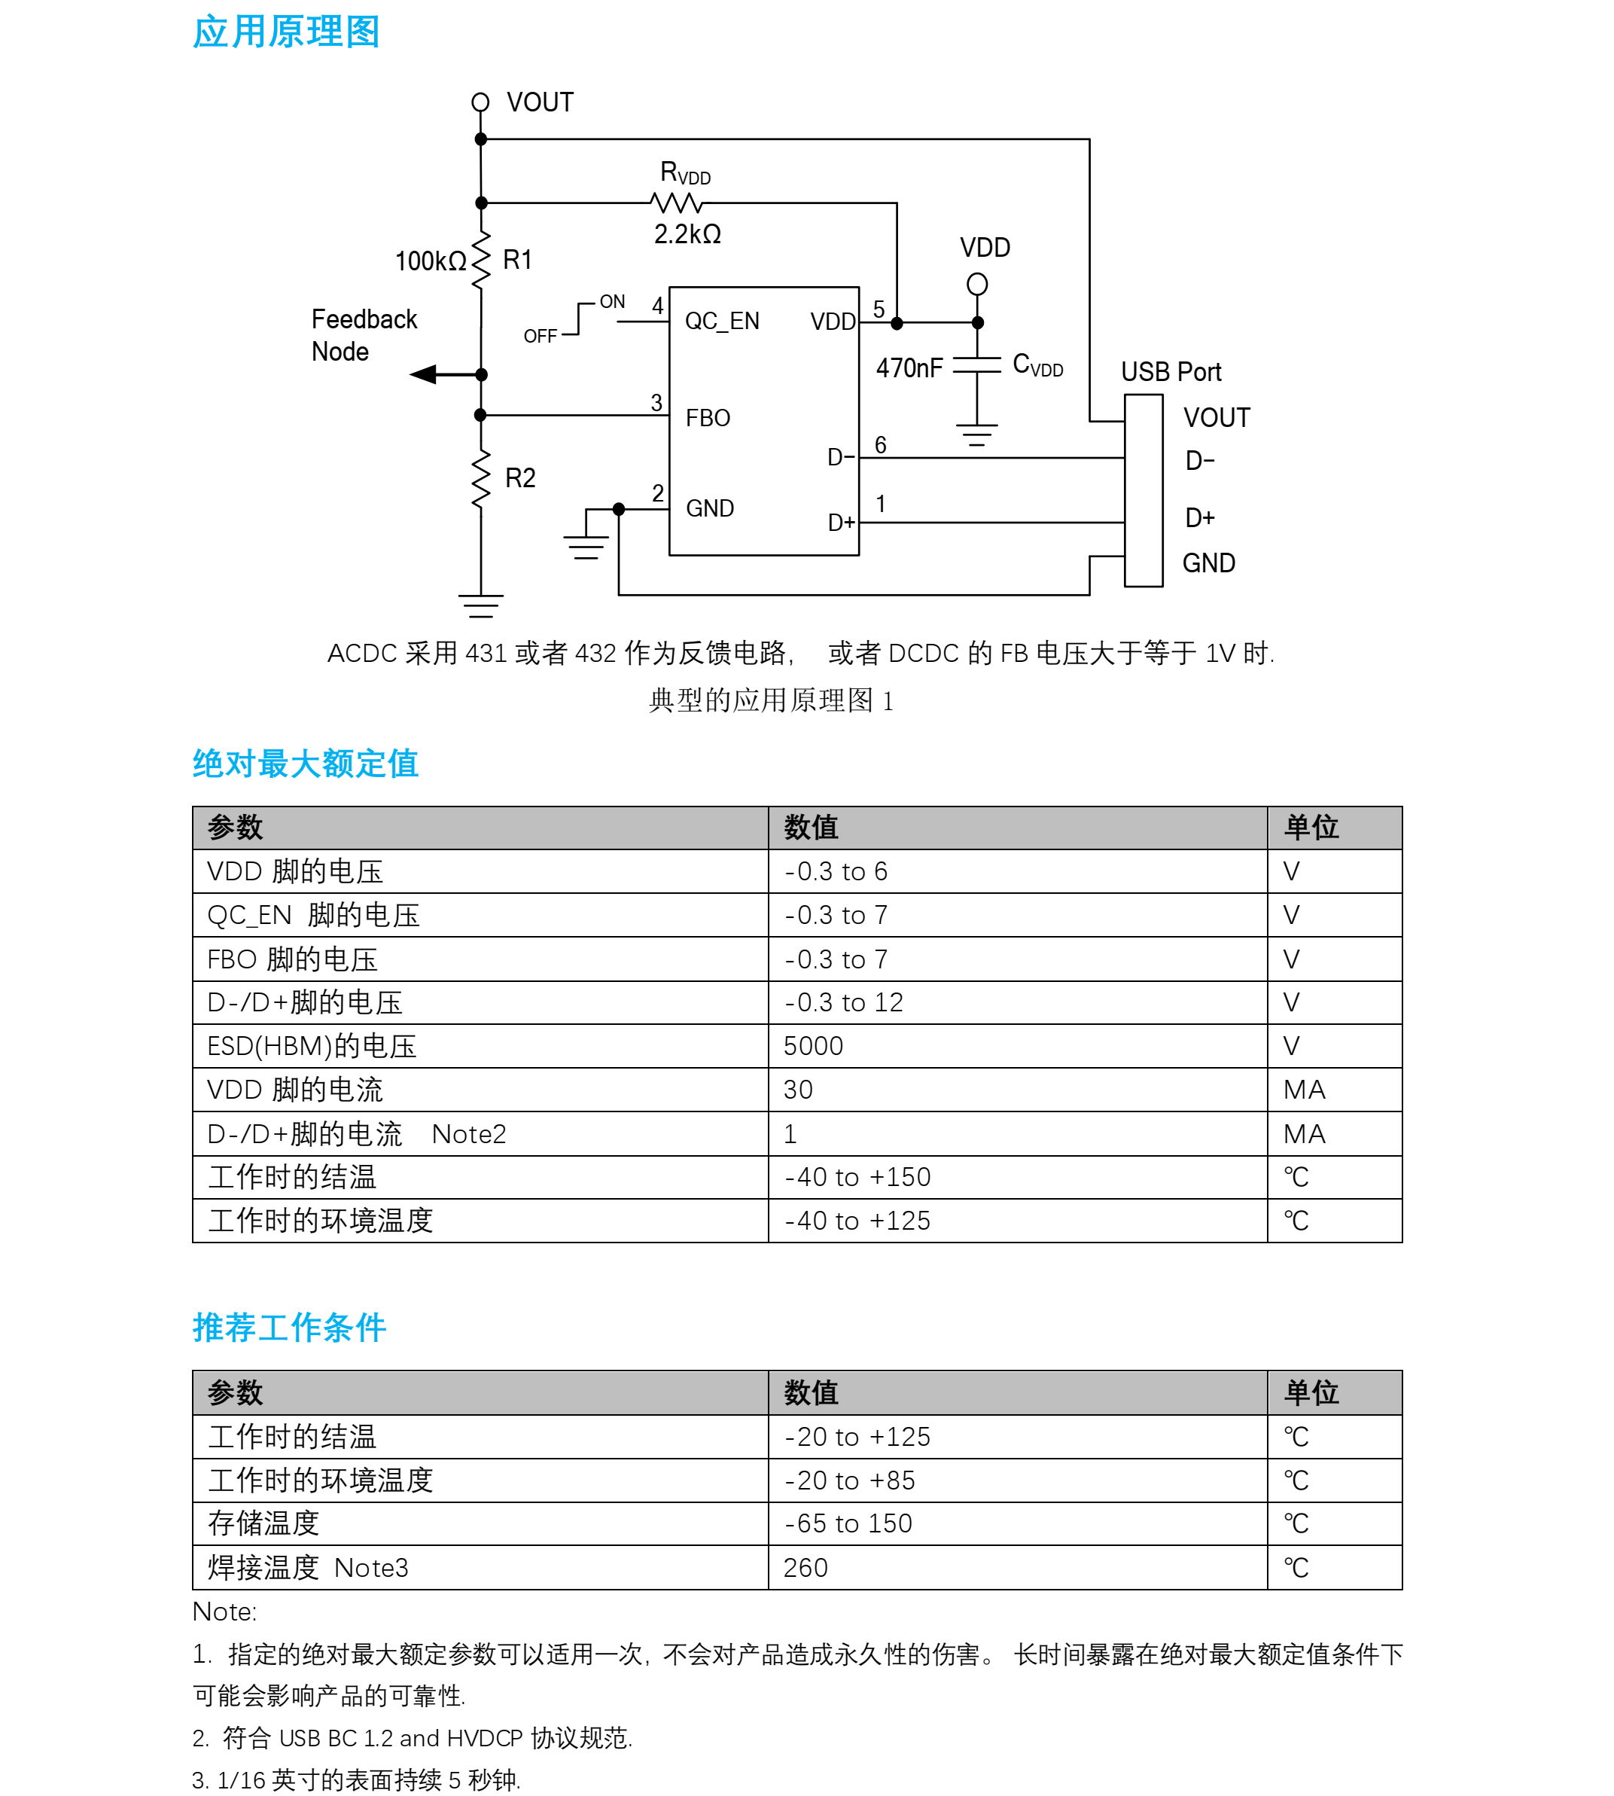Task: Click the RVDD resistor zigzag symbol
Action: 677,203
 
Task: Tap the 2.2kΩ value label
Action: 687,234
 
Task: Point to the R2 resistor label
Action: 520,479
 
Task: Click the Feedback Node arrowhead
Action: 425,375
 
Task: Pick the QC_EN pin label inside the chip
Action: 722,321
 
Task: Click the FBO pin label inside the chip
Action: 708,418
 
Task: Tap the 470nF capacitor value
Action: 909,368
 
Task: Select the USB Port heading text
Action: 1171,371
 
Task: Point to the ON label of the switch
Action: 612,301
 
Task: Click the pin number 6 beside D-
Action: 881,444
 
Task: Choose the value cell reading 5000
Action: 813,1047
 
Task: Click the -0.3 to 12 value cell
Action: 843,1003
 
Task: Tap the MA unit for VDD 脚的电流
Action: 1304,1090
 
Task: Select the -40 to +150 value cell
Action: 857,1177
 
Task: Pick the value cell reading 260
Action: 805,1568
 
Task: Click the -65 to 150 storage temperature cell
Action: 848,1523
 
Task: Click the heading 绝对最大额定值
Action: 305,764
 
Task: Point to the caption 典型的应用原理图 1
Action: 771,700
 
